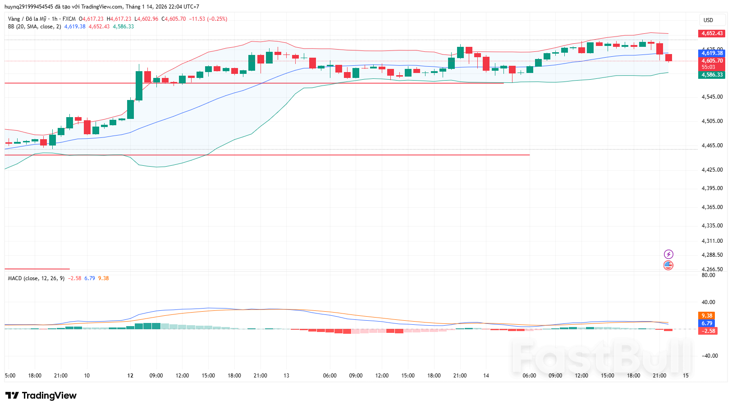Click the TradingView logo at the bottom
(x=41, y=395)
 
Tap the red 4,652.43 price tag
(x=712, y=33)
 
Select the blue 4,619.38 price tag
(x=712, y=53)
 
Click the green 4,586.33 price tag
(x=712, y=75)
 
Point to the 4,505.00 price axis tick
(x=712, y=121)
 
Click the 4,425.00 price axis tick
(x=712, y=170)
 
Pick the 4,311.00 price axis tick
(x=712, y=241)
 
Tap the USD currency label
(x=709, y=20)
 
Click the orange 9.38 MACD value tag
(x=707, y=316)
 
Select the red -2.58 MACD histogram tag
(x=707, y=331)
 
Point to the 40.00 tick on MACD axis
(x=708, y=302)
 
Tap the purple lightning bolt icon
(x=668, y=254)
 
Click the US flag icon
(x=668, y=265)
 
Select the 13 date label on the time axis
(x=286, y=376)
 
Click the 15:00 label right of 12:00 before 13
(x=208, y=376)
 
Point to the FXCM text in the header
(x=69, y=19)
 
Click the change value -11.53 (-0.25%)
(x=208, y=19)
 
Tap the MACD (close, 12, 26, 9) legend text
(x=36, y=278)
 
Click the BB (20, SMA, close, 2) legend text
(x=34, y=27)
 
